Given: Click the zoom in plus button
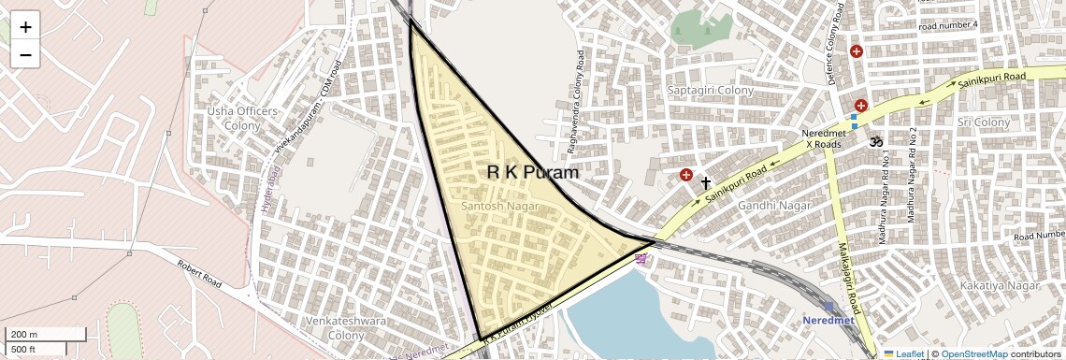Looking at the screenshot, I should coord(25,27).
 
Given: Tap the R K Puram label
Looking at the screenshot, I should coord(533,172).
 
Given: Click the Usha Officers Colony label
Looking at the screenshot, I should coord(242,118).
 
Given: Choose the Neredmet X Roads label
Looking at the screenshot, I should coord(823,138).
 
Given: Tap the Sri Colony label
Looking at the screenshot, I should coord(983,122).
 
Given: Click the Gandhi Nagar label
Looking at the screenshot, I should coord(774,205).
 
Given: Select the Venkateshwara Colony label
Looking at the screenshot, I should coord(334,328).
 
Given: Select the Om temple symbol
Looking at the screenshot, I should coord(877,142).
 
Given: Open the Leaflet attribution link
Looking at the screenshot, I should coord(903,353).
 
